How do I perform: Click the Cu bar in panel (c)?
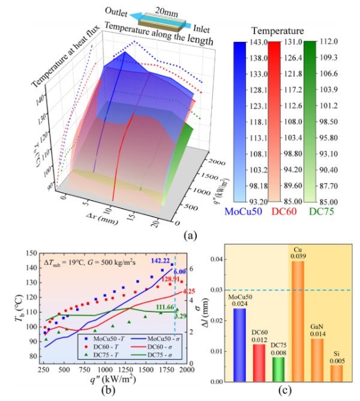pyautogui.click(x=297, y=321)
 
